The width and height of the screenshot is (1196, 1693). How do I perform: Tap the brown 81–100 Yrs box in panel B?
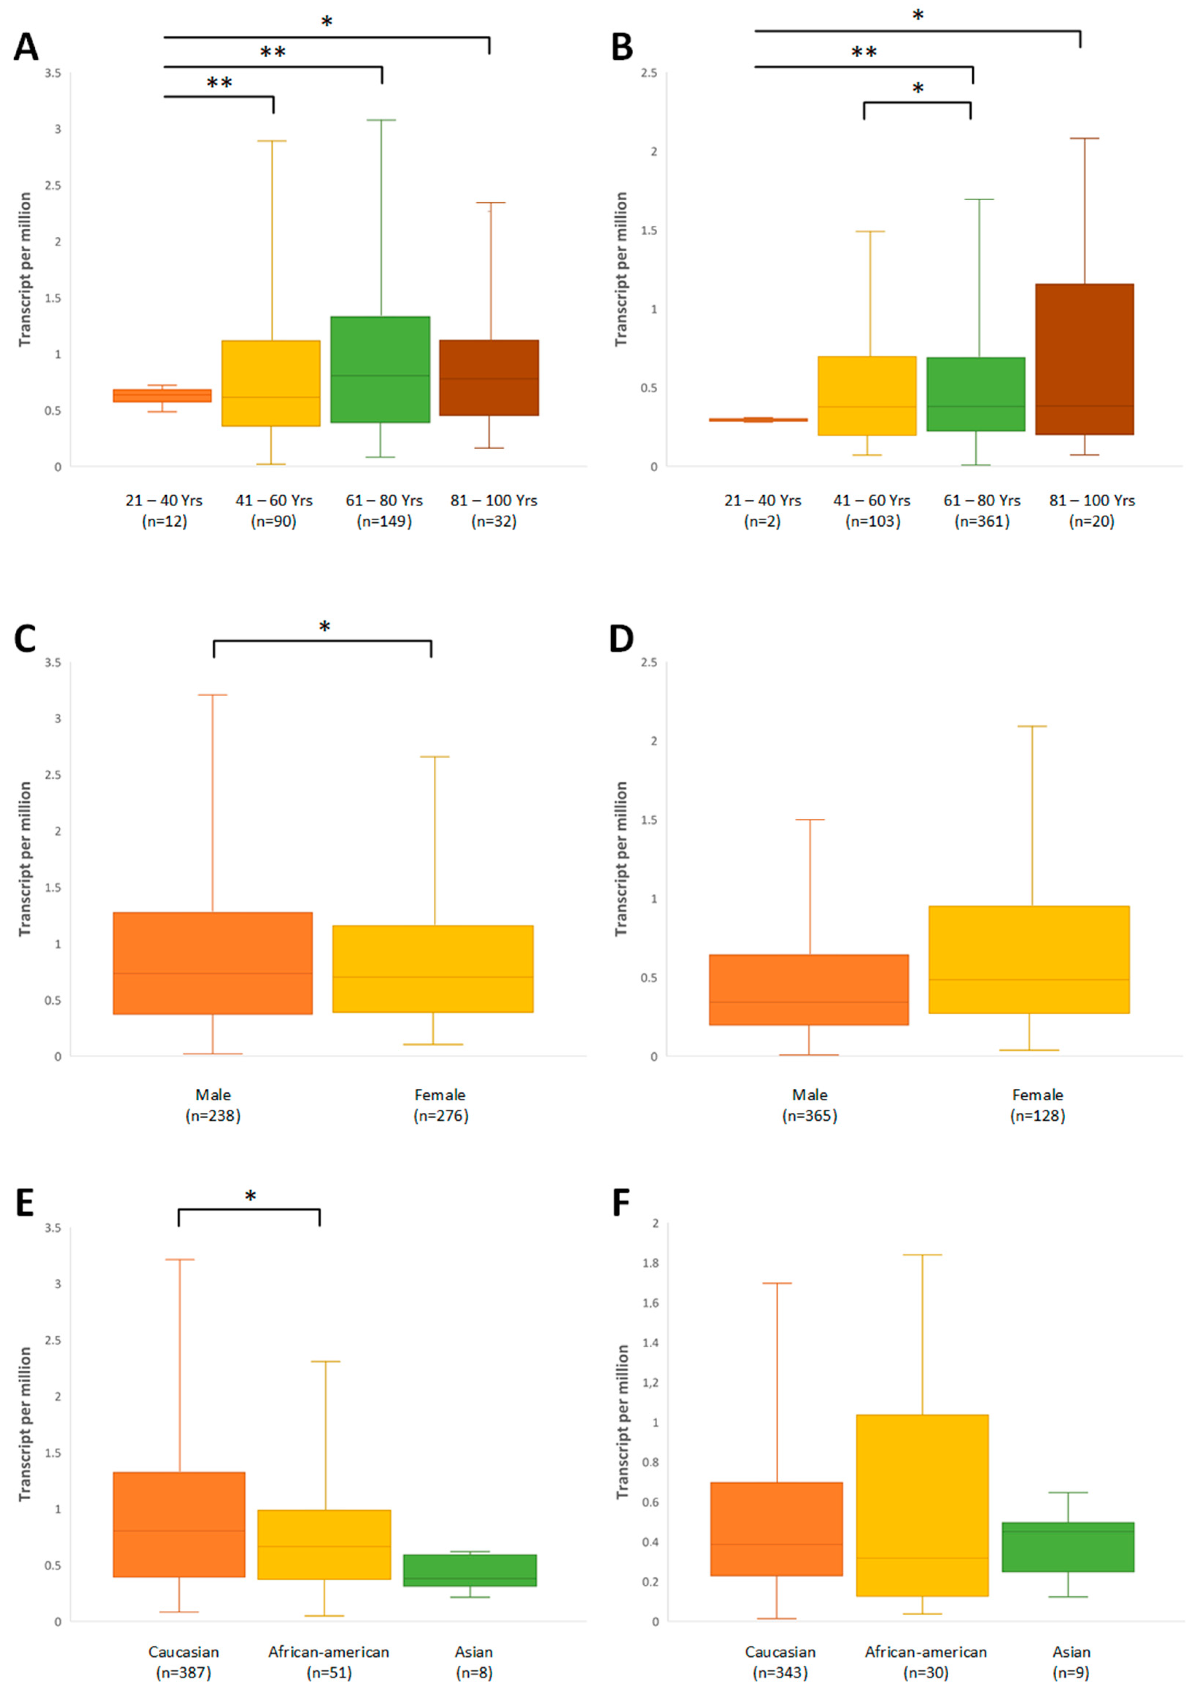(x=1084, y=359)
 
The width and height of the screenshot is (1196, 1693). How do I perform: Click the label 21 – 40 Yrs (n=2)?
(x=762, y=510)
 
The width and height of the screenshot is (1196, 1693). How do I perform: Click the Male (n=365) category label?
(x=810, y=1105)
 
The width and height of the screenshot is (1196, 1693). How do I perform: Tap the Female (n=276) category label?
(x=440, y=1105)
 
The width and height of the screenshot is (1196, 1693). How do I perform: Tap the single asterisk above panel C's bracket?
(x=324, y=627)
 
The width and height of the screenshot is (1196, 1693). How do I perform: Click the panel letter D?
(x=622, y=639)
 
